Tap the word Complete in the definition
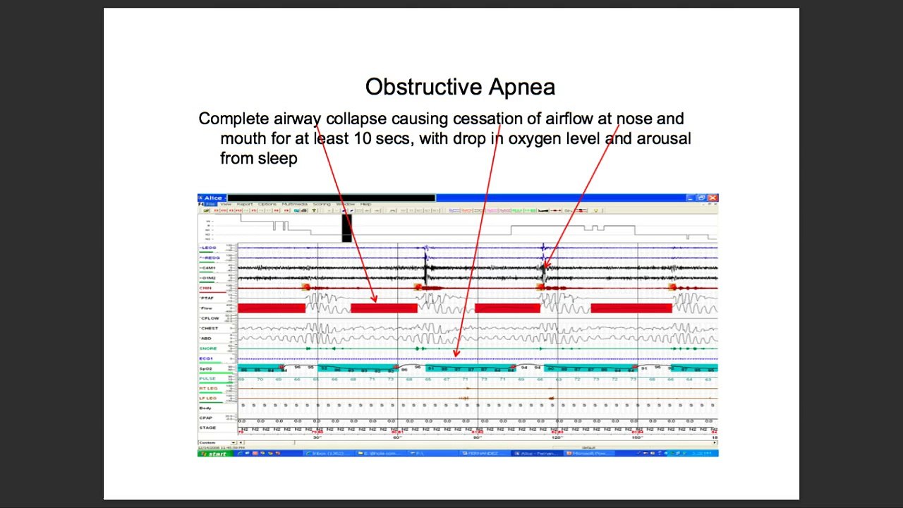[234, 119]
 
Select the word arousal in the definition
[664, 138]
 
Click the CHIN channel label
[206, 288]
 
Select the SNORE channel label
[208, 349]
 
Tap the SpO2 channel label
[206, 369]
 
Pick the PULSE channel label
[207, 379]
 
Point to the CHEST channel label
[210, 328]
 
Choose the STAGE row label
[207, 428]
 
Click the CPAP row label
[205, 418]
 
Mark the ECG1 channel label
[206, 358]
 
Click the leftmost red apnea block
[272, 308]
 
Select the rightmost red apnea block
[631, 308]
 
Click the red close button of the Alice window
[713, 198]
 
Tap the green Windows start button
[216, 454]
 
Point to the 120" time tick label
[557, 437]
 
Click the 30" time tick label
[317, 437]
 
